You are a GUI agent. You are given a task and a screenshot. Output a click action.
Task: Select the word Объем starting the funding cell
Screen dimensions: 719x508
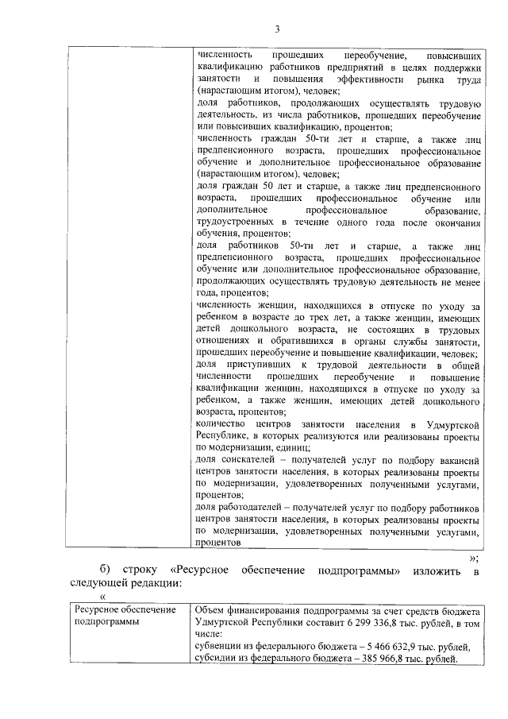[211, 611]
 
